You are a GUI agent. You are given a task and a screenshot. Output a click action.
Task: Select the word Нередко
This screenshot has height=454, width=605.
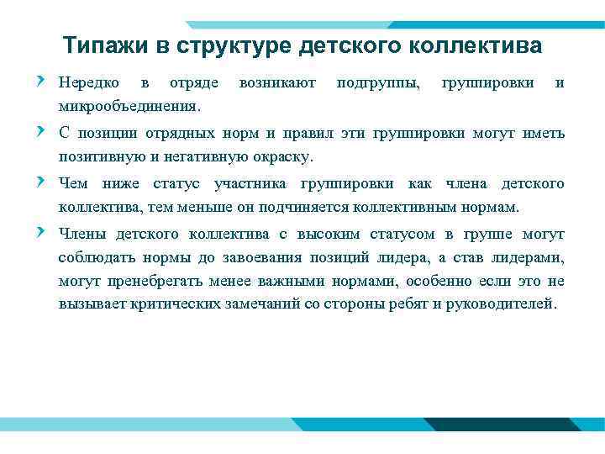click(x=88, y=83)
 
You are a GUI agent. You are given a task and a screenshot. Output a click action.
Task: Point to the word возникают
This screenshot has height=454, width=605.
click(x=277, y=83)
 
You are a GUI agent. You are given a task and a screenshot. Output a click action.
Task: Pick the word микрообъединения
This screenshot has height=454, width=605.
click(x=129, y=107)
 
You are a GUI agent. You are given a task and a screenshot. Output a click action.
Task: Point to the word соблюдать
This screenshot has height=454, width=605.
click(x=90, y=257)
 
